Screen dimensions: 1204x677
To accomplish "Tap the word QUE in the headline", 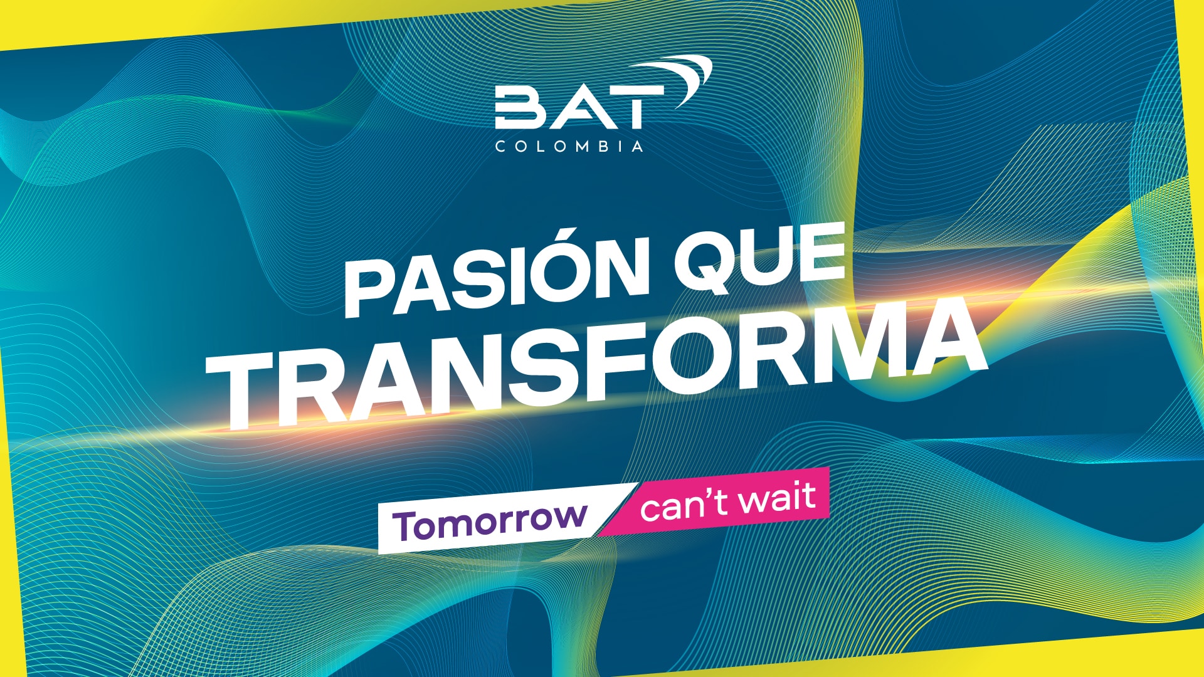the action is pos(761,256).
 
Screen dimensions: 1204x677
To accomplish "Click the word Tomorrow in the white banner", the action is pos(490,522).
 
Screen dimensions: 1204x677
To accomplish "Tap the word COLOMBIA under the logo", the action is pos(569,146).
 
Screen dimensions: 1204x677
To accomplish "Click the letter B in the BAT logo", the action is pos(519,108).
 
